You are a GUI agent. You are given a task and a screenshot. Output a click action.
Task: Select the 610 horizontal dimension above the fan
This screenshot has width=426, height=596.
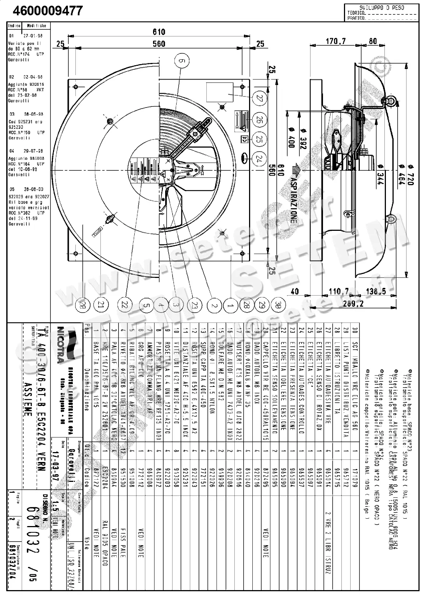coord(159,32)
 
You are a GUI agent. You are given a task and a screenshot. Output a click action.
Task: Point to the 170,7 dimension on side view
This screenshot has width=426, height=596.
coord(336,41)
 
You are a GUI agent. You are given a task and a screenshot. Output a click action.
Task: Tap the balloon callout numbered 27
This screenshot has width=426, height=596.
coord(260,99)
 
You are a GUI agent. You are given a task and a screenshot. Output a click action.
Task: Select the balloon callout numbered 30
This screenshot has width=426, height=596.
coord(278,304)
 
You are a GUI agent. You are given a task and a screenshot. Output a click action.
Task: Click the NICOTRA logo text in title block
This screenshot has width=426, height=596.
coord(60,345)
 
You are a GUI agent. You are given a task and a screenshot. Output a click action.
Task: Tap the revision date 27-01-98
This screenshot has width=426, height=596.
coord(33,36)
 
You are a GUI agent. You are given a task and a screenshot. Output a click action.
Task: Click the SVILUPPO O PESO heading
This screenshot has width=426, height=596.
coord(381,7)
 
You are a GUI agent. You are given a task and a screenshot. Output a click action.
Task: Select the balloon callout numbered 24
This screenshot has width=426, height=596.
coord(260,158)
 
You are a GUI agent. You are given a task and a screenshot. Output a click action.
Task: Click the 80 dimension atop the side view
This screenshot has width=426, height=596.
coord(373,41)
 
